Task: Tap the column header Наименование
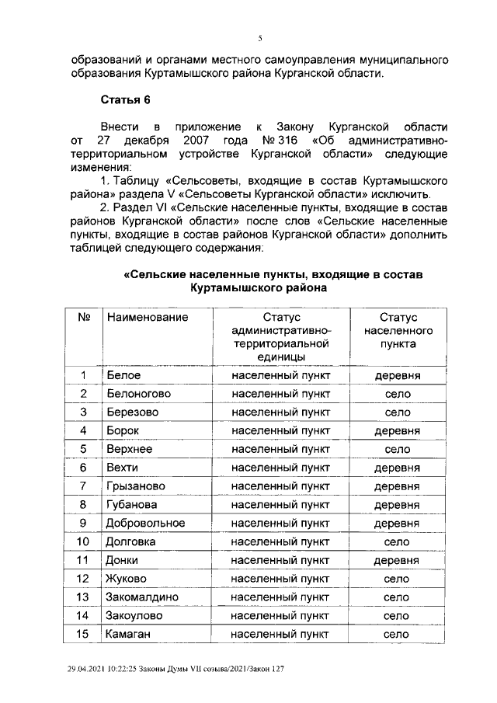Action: click(148, 318)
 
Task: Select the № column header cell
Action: click(84, 318)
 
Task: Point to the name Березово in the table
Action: click(132, 412)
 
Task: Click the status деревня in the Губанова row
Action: click(397, 505)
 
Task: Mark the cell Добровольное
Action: click(145, 524)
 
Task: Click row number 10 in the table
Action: click(84, 541)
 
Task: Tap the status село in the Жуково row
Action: click(397, 579)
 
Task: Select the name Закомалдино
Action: click(143, 597)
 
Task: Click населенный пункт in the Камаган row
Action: click(280, 635)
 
